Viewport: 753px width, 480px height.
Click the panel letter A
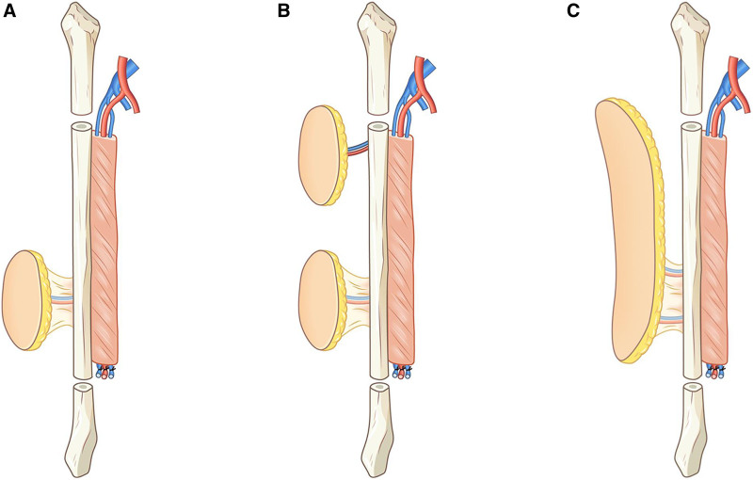pyautogui.click(x=9, y=11)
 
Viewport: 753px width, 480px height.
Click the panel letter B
pyautogui.click(x=284, y=11)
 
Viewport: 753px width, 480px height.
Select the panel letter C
pyautogui.click(x=573, y=11)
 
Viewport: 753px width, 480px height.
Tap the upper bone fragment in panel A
pyautogui.click(x=80, y=57)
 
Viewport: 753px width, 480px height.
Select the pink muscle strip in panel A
pyautogui.click(x=104, y=249)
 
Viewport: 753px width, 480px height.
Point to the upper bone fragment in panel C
pyautogui.click(x=691, y=57)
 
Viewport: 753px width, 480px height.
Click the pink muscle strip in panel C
pyautogui.click(x=714, y=249)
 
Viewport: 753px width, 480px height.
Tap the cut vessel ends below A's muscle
pyautogui.click(x=106, y=372)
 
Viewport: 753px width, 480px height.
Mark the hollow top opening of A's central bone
pyautogui.click(x=80, y=127)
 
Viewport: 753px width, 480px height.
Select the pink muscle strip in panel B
pyautogui.click(x=401, y=249)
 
